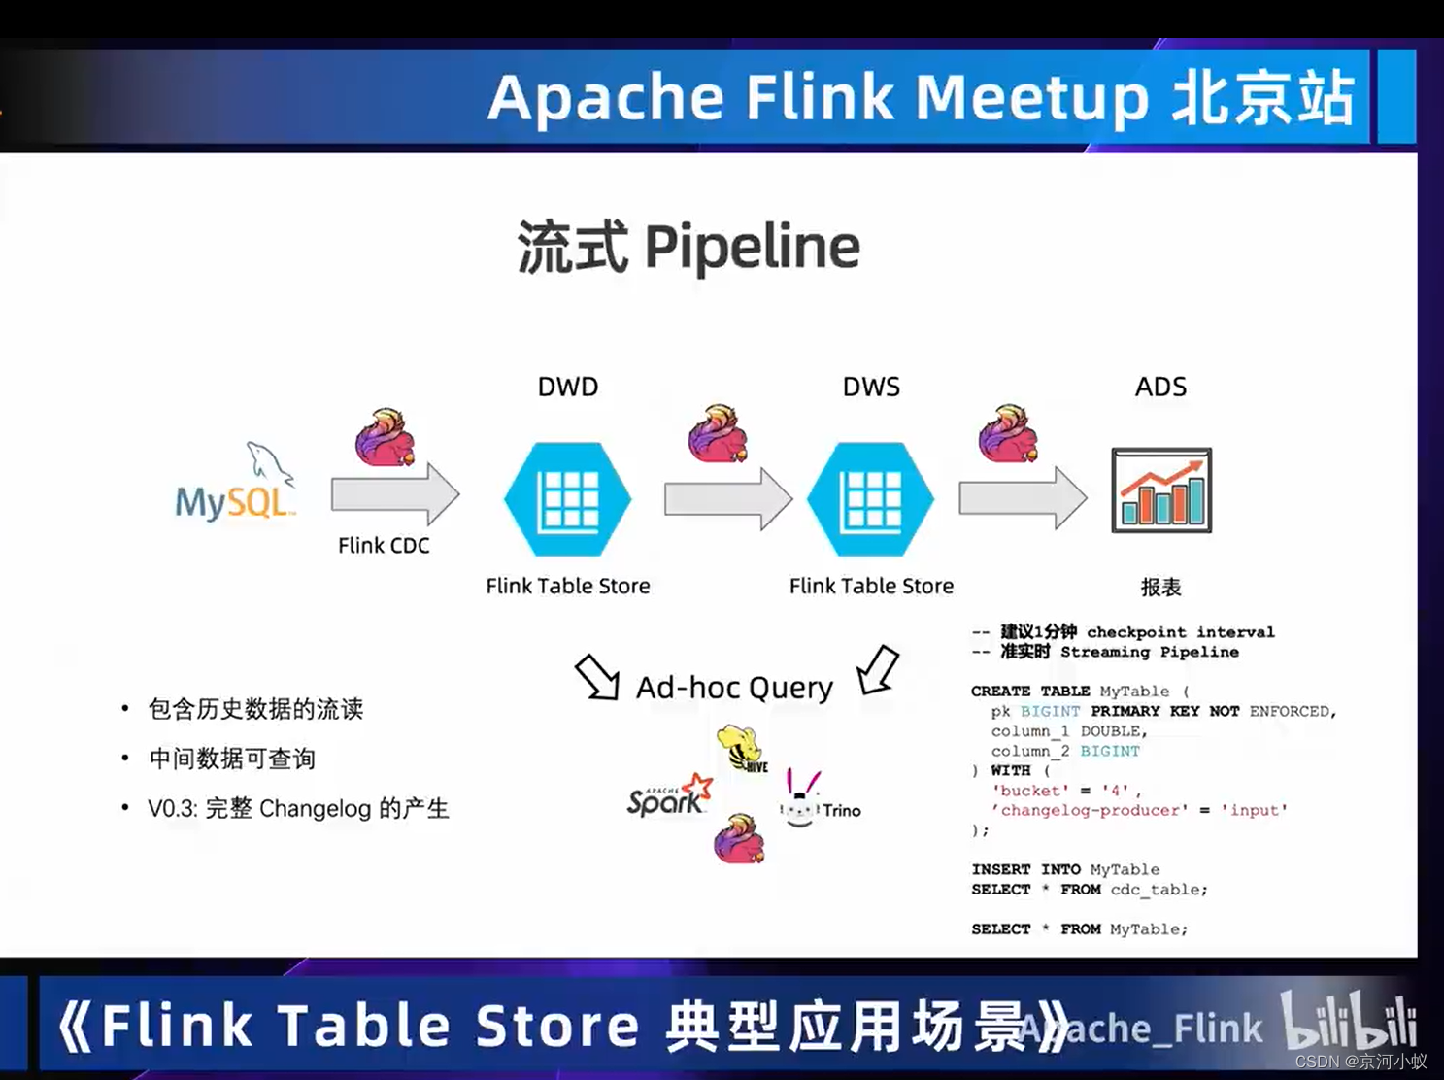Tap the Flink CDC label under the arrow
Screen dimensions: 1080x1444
point(384,546)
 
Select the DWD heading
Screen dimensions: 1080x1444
point(568,387)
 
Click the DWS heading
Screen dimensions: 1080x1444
point(871,387)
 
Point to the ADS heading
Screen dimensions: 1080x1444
point(1160,387)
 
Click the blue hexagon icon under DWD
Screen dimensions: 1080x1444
point(568,498)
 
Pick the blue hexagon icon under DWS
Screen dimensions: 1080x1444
point(871,498)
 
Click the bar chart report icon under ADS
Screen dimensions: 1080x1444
point(1161,490)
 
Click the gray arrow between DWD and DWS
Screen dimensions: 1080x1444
point(727,498)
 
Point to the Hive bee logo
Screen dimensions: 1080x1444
point(742,749)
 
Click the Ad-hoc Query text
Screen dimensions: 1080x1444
point(734,688)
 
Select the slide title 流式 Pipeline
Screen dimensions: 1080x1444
point(688,247)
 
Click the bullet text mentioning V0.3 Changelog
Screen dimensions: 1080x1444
point(298,808)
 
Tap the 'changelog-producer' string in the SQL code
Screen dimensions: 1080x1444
point(1090,810)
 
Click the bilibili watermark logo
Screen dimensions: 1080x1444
point(1350,1022)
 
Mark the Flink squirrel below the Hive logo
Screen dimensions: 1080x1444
point(739,839)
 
